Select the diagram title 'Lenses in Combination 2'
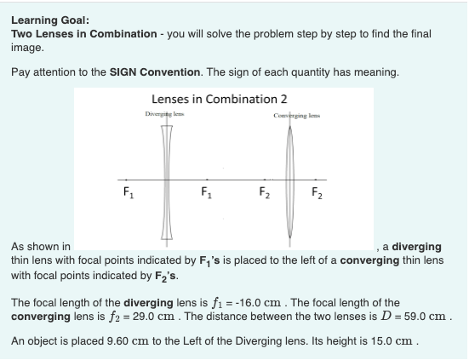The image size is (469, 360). [x=219, y=99]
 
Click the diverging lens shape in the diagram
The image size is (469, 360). [x=166, y=179]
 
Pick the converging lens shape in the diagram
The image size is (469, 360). [x=292, y=179]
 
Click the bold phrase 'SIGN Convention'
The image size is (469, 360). [x=148, y=71]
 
